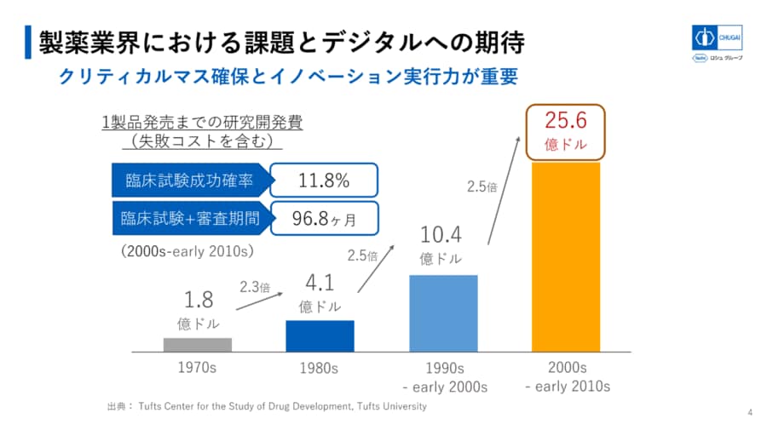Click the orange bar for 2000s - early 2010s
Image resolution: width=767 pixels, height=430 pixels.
pos(566,256)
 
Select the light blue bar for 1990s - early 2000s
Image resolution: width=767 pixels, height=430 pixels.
pos(443,312)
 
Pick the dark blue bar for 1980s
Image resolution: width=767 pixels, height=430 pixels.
pos(320,335)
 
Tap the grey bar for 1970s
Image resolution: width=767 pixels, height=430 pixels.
pos(198,344)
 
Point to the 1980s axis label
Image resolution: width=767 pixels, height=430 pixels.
pos(320,369)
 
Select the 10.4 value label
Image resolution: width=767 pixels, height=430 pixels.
pos(441,235)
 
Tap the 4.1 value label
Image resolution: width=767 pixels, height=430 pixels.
pos(319,282)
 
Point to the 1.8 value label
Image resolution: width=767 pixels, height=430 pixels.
pos(198,300)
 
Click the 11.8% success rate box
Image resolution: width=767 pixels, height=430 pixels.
pos(324,181)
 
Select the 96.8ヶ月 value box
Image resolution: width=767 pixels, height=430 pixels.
pos(324,219)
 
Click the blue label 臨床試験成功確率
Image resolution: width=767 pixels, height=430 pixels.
pos(189,181)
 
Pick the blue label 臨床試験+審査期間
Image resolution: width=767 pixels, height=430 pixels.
pos(189,219)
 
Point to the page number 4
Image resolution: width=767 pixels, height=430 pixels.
pos(750,413)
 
